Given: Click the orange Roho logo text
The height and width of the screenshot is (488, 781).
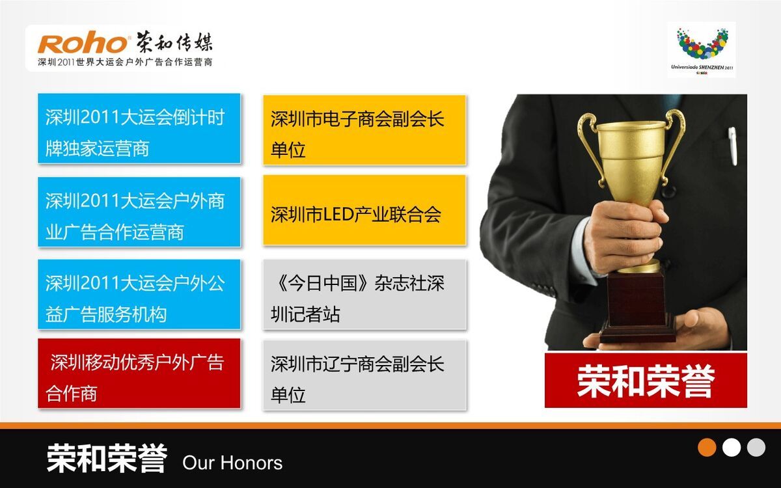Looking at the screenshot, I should [x=83, y=44].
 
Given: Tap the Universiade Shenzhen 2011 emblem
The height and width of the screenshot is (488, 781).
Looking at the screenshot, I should [x=701, y=49].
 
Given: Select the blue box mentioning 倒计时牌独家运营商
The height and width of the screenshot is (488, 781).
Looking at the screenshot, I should [x=139, y=128].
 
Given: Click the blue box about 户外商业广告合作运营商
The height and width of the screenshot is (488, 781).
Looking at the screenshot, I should [x=139, y=211].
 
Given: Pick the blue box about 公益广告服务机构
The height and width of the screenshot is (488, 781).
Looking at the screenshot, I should [x=139, y=294].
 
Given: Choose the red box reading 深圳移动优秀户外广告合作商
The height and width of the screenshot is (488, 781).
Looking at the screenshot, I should [x=139, y=373].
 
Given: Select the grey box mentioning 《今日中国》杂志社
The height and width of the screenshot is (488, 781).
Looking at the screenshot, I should [x=364, y=294].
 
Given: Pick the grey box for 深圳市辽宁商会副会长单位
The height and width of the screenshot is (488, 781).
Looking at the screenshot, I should [x=364, y=375].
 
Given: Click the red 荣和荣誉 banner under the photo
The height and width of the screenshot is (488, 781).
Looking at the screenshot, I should [x=646, y=380].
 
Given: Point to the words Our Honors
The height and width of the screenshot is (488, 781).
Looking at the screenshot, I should [x=232, y=463].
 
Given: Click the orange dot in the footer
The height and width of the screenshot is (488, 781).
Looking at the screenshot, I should [x=707, y=447].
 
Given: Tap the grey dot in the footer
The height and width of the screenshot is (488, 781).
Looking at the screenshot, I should [x=756, y=447].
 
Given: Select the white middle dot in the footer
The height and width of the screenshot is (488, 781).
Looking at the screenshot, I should [x=732, y=447].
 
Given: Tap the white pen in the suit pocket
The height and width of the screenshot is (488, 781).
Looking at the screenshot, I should [x=733, y=144].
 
